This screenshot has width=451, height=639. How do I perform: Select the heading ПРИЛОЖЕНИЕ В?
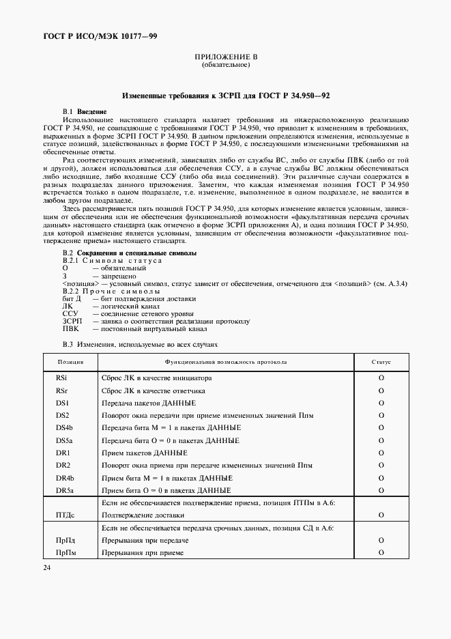[x=226, y=57]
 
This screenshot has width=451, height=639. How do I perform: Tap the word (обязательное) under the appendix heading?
[x=226, y=66]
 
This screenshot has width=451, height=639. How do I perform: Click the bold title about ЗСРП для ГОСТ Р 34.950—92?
[x=226, y=97]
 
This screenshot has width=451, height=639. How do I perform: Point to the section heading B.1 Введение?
[x=84, y=111]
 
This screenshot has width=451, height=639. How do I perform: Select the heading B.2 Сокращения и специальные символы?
[x=130, y=253]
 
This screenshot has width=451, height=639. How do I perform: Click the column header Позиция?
[x=71, y=362]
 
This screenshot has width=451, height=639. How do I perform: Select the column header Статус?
[x=381, y=362]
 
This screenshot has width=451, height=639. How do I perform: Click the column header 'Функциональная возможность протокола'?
[x=226, y=362]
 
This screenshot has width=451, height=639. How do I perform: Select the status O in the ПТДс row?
[x=381, y=515]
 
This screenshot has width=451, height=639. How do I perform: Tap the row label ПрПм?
[x=66, y=553]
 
